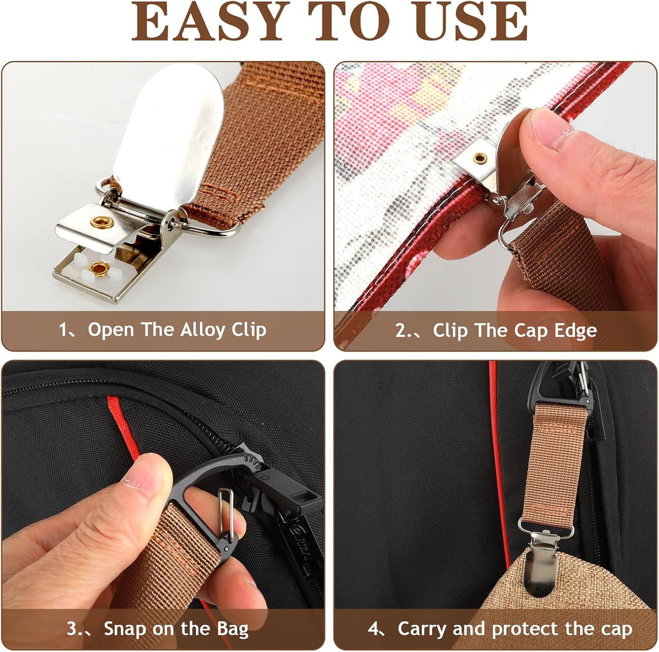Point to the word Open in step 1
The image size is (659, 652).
[111, 331]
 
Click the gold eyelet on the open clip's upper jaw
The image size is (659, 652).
[100, 222]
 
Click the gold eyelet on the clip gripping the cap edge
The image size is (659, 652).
[481, 158]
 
